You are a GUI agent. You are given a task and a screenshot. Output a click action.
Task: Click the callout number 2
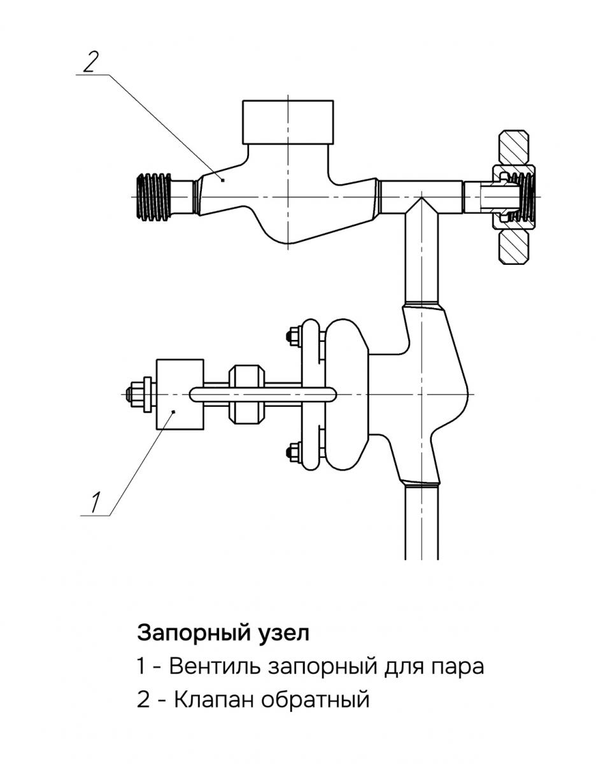pos(91,62)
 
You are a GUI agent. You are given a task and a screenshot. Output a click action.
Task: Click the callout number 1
pos(94,502)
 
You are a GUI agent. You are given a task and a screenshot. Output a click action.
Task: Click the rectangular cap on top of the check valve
pos(288,121)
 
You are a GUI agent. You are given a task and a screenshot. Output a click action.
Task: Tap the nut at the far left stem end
pos(136,394)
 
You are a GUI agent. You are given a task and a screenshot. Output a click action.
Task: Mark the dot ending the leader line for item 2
pos(223,180)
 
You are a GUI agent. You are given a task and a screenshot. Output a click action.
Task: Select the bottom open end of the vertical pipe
pos(422,557)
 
